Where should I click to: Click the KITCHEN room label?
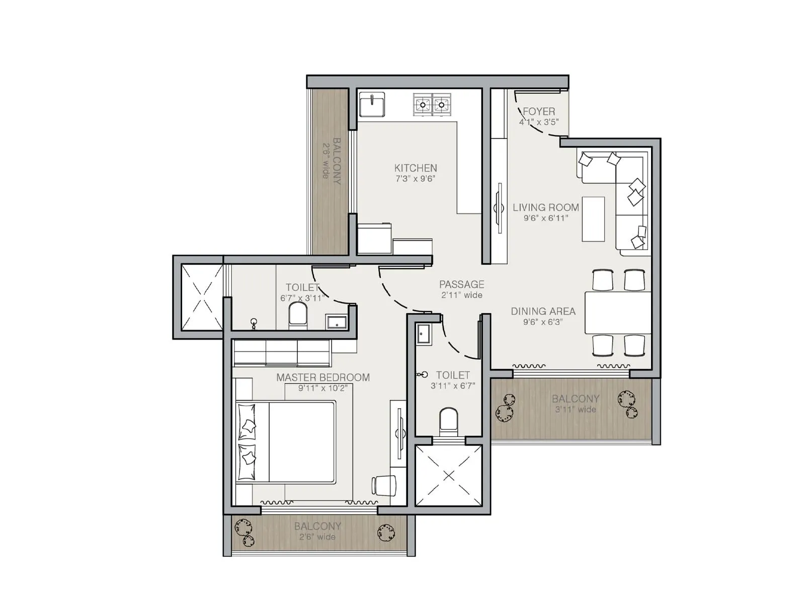click(x=416, y=168)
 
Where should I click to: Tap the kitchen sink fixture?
click(x=372, y=105)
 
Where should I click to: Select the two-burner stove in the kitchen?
click(x=432, y=105)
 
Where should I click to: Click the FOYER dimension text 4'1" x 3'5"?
click(x=539, y=122)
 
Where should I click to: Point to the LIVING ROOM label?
click(x=545, y=207)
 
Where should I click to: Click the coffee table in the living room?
click(x=593, y=219)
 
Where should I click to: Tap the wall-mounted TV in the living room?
click(x=499, y=207)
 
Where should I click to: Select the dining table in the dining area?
click(x=618, y=312)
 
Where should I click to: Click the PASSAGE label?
click(x=461, y=284)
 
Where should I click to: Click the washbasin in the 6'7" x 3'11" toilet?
click(x=337, y=321)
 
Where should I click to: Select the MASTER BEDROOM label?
click(x=323, y=377)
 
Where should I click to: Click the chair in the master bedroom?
click(x=383, y=485)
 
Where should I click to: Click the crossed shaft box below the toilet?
click(x=448, y=476)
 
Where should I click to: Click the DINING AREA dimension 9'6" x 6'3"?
click(x=542, y=322)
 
